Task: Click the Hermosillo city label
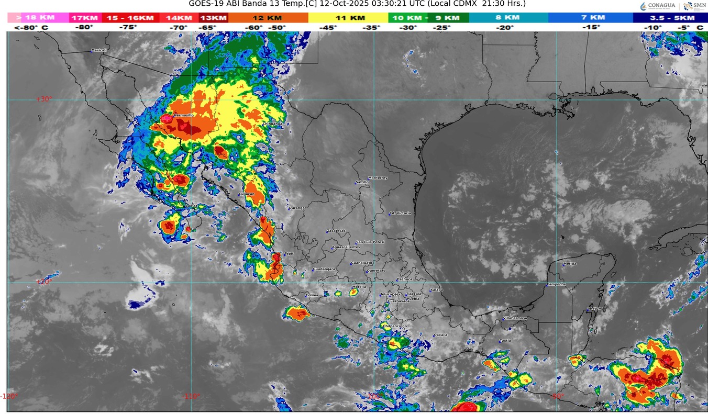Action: (183, 115)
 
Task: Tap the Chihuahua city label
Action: (272, 124)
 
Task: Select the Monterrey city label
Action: (378, 178)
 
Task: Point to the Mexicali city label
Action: (99, 50)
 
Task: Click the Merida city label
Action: (570, 264)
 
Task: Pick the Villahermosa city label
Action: (515, 318)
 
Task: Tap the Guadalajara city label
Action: (324, 269)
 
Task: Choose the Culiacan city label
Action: (247, 194)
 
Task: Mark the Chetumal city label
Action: (596, 309)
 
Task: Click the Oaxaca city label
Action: (440, 335)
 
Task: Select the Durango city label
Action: (296, 208)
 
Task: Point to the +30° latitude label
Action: (44, 99)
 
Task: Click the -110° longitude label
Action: (191, 396)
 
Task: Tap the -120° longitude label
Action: (9, 396)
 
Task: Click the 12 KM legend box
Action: (268, 18)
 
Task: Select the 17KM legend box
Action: (85, 18)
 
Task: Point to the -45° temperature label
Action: (328, 27)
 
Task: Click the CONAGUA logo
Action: (658, 6)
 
